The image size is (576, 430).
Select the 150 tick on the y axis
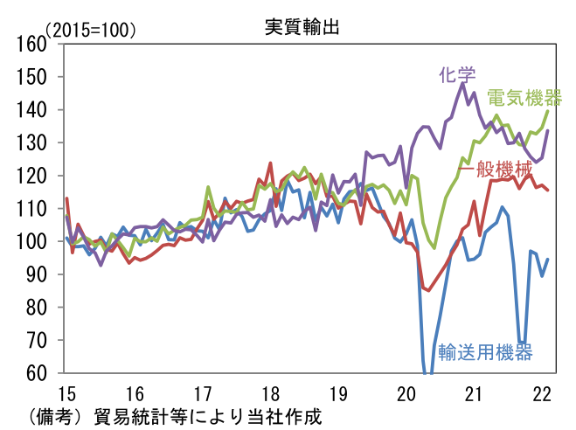click(x=31, y=77)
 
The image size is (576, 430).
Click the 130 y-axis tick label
click(x=31, y=142)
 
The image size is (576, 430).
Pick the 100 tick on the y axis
click(x=31, y=241)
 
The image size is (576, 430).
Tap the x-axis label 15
click(x=66, y=392)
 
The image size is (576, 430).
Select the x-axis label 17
click(x=202, y=392)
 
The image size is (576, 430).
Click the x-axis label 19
click(x=338, y=392)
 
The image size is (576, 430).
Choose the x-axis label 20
click(x=406, y=392)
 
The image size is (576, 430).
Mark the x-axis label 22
click(x=542, y=392)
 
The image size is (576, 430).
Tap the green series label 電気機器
click(x=524, y=97)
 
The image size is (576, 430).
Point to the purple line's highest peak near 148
click(x=462, y=83)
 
